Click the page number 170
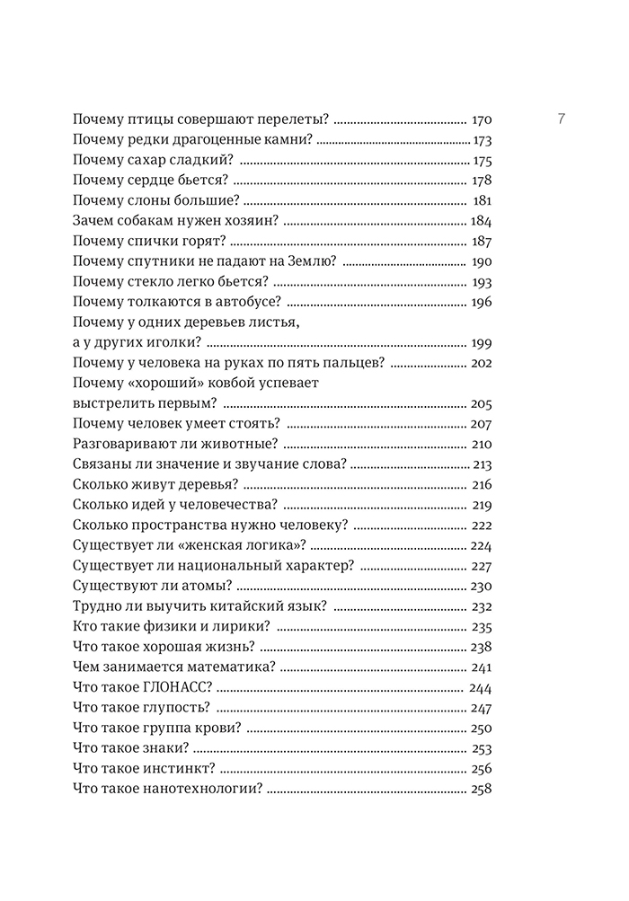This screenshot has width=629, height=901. (482, 119)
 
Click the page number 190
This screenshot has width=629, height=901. (481, 261)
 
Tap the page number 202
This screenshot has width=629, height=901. (481, 363)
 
